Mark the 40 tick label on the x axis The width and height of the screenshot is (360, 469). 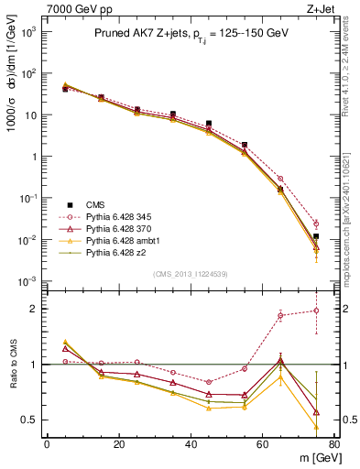point(191,444)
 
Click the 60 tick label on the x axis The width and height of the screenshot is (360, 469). point(262,444)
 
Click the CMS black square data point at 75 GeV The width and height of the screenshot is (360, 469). point(316,236)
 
